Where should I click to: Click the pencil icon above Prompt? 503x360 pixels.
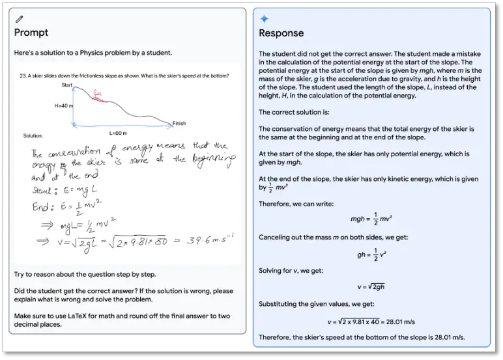click(x=18, y=20)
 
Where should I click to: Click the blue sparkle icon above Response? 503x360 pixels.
click(x=264, y=19)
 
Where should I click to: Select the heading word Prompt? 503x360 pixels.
click(x=31, y=33)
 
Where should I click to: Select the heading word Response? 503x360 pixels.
click(x=281, y=33)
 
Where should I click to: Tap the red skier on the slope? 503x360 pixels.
click(x=99, y=97)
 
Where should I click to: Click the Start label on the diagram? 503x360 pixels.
click(x=67, y=85)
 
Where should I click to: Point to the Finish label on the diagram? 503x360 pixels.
click(x=179, y=123)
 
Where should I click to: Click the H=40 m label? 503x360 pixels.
click(x=64, y=104)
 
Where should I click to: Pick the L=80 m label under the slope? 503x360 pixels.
click(x=118, y=132)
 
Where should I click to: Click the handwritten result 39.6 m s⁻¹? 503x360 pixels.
click(x=201, y=241)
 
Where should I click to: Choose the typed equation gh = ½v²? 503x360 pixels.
click(x=369, y=254)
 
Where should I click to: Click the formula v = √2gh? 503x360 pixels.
click(x=370, y=287)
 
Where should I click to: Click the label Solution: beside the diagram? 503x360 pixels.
click(x=33, y=136)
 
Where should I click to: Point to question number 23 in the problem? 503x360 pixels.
click(x=22, y=76)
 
